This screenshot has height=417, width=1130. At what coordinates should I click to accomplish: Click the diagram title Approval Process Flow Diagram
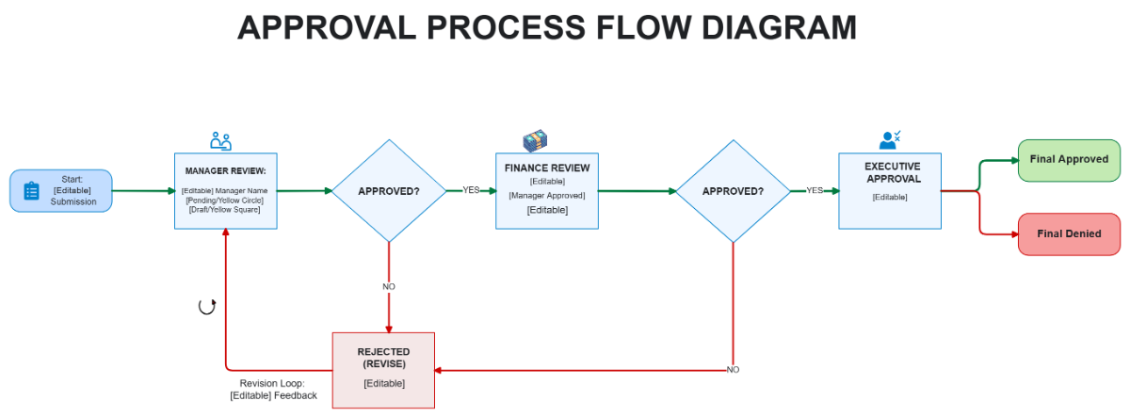547,28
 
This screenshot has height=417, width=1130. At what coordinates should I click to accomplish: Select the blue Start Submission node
61,190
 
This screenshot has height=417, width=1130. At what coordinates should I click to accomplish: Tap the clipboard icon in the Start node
31,191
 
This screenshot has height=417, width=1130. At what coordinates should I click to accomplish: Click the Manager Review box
226,191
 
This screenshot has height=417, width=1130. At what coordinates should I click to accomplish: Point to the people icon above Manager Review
221,141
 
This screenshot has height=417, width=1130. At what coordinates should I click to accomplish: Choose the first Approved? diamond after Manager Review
389,191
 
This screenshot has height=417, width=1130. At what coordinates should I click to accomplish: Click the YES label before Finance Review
471,190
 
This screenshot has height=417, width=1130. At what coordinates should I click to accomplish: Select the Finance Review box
547,191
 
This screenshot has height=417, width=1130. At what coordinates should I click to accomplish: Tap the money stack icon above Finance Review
536,141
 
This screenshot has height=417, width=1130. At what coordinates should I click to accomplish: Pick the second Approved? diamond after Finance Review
733,191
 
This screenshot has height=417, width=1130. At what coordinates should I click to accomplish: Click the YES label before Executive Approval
815,190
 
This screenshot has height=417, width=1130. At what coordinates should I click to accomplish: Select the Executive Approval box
890,191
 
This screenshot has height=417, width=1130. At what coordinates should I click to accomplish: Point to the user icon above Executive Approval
890,140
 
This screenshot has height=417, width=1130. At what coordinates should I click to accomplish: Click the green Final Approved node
1069,159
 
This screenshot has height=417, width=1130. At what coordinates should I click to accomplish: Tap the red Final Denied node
1069,233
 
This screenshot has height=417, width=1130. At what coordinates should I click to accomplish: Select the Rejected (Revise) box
383,370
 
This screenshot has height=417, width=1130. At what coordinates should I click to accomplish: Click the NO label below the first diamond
389,286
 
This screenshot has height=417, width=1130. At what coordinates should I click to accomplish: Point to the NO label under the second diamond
733,370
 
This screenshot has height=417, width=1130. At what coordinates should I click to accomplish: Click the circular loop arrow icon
207,306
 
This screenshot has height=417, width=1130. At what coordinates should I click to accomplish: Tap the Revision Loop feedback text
273,390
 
